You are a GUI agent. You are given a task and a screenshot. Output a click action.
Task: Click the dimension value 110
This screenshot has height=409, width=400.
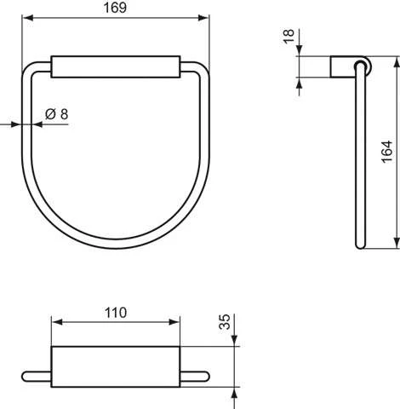tap(116, 313)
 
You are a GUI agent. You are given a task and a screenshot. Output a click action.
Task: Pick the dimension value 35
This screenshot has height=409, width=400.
tap(225, 323)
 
